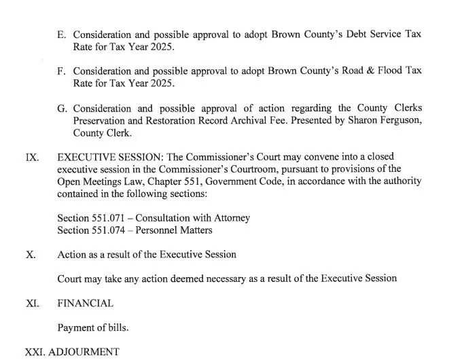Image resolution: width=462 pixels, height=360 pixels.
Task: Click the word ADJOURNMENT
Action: pos(81,353)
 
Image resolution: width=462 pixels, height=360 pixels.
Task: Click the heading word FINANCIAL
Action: pos(86,303)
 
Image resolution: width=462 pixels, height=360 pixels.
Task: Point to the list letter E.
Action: pos(63,34)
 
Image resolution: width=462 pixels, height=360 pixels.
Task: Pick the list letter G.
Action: pos(63,109)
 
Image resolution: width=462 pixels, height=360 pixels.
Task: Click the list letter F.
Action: pos(63,71)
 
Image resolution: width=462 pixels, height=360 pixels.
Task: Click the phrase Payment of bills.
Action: pos(93,327)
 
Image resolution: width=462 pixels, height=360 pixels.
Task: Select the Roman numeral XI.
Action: pos(32,303)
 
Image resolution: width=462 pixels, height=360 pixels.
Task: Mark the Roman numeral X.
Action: pos(31,255)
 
